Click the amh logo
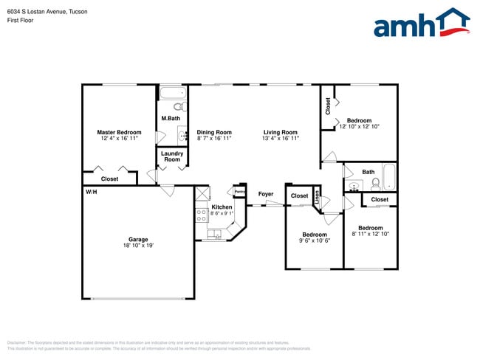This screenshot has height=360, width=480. tap(421, 24)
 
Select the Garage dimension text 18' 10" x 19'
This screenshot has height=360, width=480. tap(138, 246)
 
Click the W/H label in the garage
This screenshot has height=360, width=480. tap(91, 192)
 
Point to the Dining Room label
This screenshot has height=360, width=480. tap(214, 133)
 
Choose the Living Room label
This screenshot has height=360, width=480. tap(281, 133)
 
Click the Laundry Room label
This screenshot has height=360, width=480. tap(172, 156)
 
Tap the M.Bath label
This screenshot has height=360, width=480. tap(171, 119)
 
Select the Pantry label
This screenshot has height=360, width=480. tap(239, 192)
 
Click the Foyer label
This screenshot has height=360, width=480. tap(265, 194)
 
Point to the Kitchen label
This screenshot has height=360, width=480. tap(222, 207)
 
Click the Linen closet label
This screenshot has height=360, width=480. tap(318, 197)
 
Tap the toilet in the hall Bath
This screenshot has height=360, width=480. tap(375, 182)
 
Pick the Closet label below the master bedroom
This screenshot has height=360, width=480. tap(109, 179)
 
